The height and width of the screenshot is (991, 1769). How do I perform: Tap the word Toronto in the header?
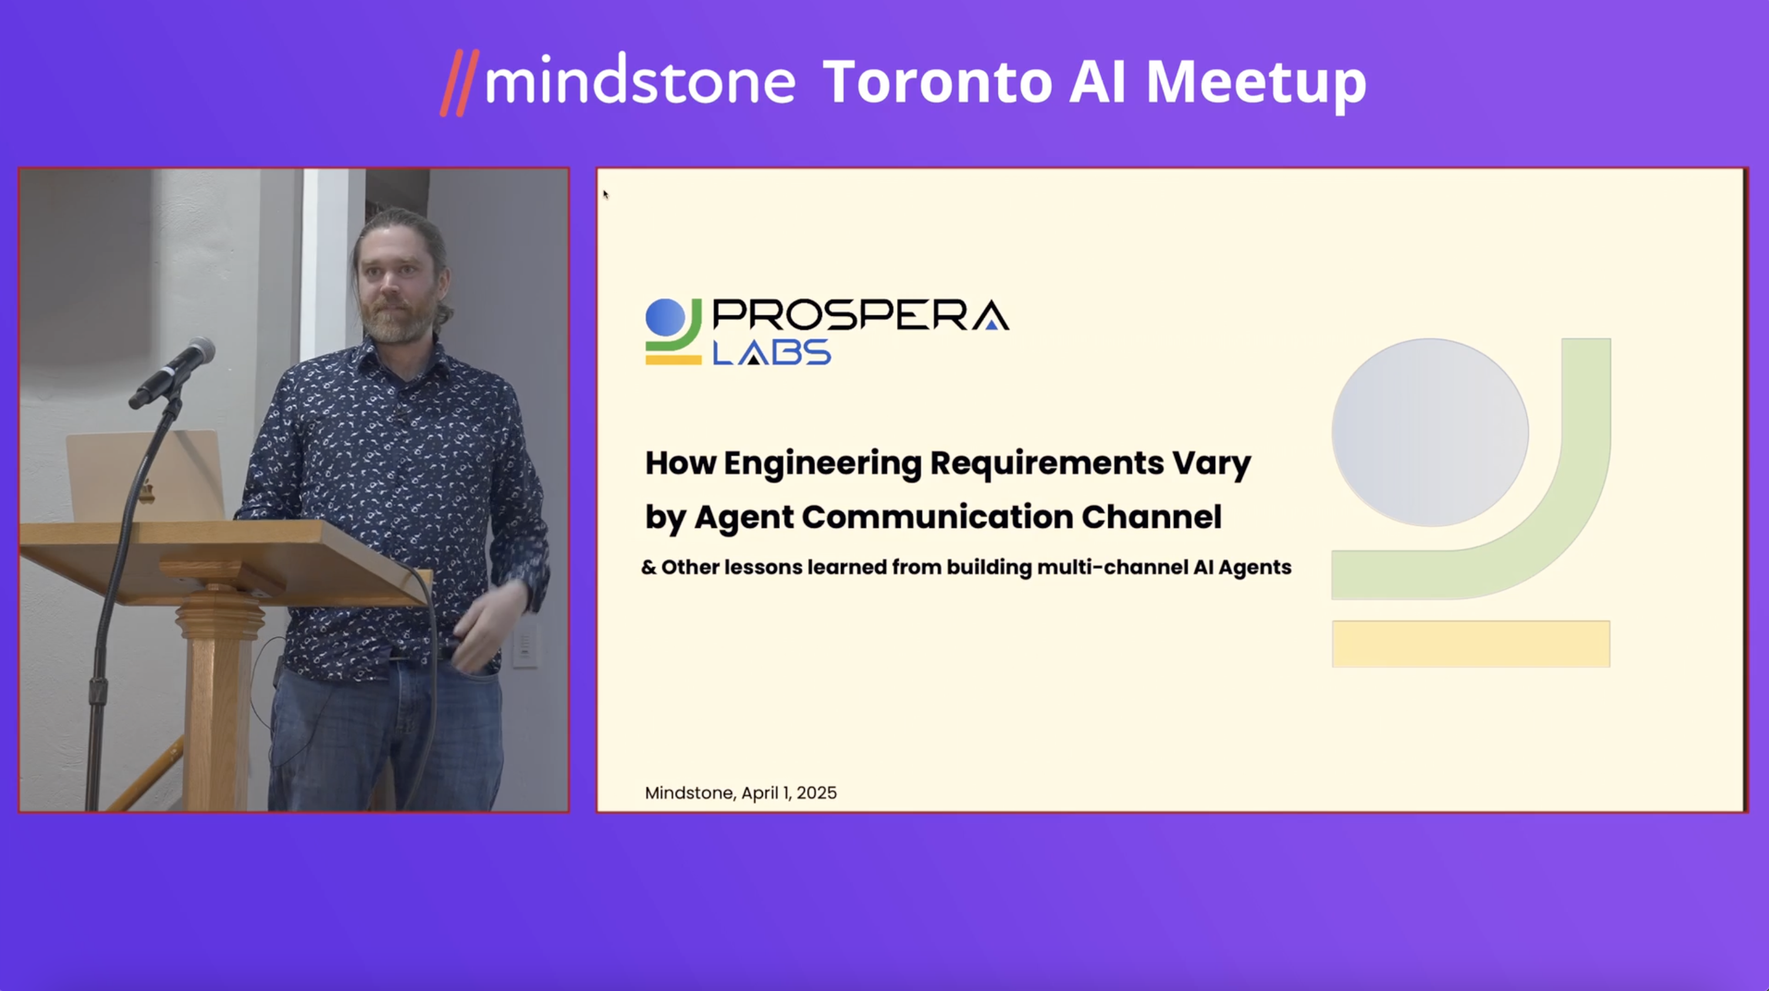[x=937, y=82]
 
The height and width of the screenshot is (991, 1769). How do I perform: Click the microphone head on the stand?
[x=199, y=352]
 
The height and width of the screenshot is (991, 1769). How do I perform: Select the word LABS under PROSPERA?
[x=772, y=353]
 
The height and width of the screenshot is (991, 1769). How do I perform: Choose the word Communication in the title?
[x=937, y=517]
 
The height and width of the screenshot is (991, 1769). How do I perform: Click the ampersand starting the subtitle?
[x=648, y=568]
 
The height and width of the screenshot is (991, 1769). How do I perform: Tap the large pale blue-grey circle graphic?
[x=1430, y=432]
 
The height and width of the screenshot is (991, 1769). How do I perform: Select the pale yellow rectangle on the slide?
[x=1471, y=643]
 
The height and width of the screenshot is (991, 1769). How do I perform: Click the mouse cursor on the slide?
[x=606, y=194]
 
